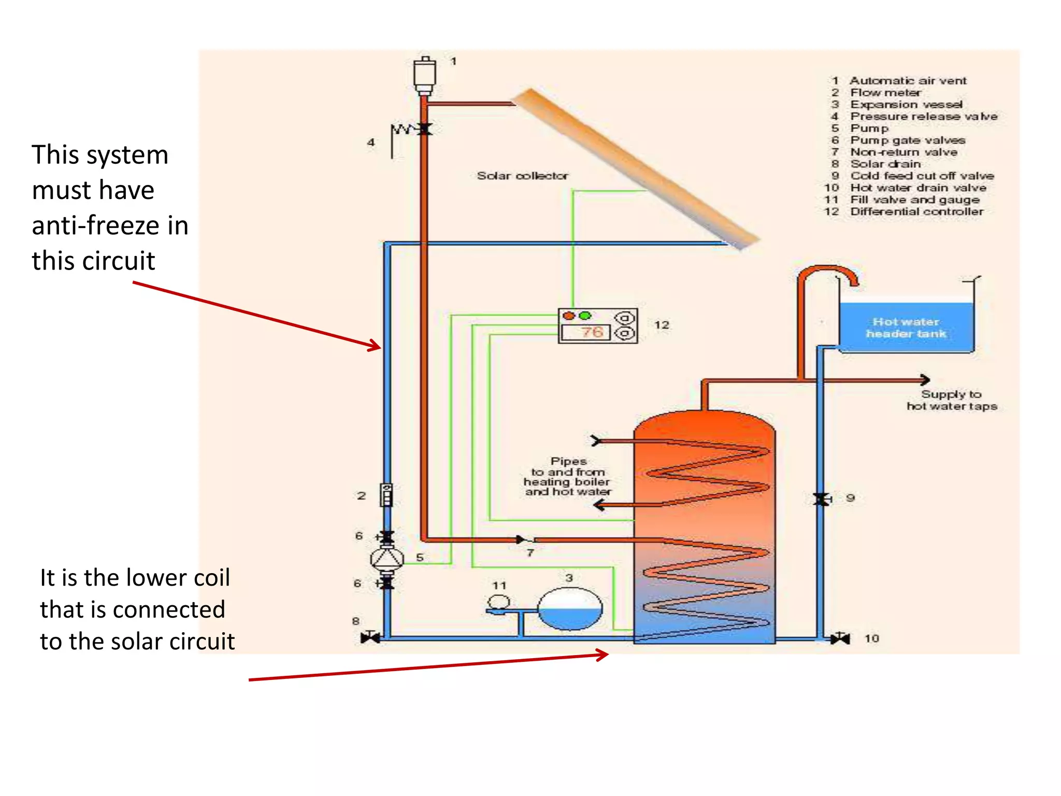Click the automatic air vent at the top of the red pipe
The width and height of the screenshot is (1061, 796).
tap(424, 76)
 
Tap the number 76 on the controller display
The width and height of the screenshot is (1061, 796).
tap(591, 332)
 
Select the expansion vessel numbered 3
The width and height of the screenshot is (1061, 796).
tap(570, 609)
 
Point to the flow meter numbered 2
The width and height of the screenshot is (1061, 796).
tap(386, 495)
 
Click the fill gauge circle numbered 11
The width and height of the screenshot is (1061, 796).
tap(499, 602)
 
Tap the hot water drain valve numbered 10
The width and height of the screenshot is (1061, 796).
tap(840, 638)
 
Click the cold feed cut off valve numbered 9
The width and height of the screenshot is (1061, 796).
tap(821, 499)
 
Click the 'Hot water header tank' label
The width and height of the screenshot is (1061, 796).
tap(906, 328)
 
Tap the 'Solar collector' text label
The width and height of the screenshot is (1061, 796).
tap(522, 176)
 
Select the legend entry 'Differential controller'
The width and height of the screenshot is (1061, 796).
tap(916, 211)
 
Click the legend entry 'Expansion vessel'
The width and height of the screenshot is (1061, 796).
tap(906, 104)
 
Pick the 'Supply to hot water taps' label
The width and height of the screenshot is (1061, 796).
tap(952, 400)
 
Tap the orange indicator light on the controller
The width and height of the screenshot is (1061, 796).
tap(569, 316)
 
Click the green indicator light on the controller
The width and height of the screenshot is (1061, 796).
tap(585, 316)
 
